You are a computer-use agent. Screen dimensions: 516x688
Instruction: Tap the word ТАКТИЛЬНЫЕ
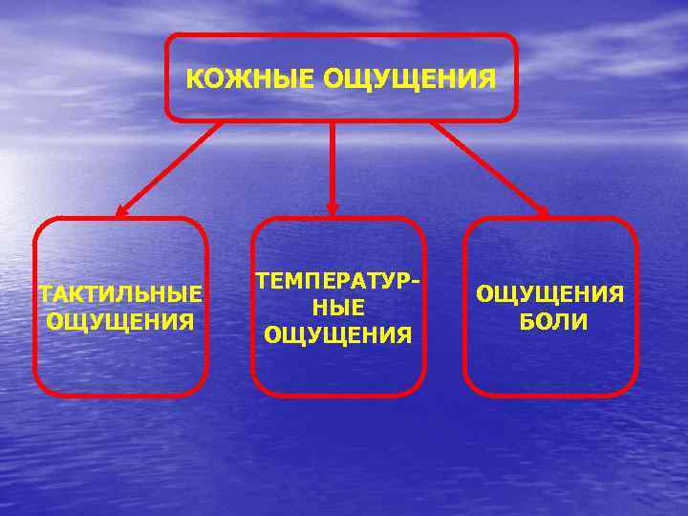point(120,292)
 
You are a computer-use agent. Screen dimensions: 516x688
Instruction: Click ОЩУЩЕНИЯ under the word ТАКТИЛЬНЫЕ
point(120,318)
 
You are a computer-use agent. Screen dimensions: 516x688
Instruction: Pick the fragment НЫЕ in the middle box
point(337,309)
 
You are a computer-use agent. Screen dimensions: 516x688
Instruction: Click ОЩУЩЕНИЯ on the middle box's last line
point(337,334)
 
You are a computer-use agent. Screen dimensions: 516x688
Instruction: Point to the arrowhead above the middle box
point(332,207)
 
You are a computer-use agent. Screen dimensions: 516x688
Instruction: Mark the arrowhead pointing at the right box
point(541,212)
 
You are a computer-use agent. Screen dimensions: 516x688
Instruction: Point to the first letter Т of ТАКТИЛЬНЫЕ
point(44,292)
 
